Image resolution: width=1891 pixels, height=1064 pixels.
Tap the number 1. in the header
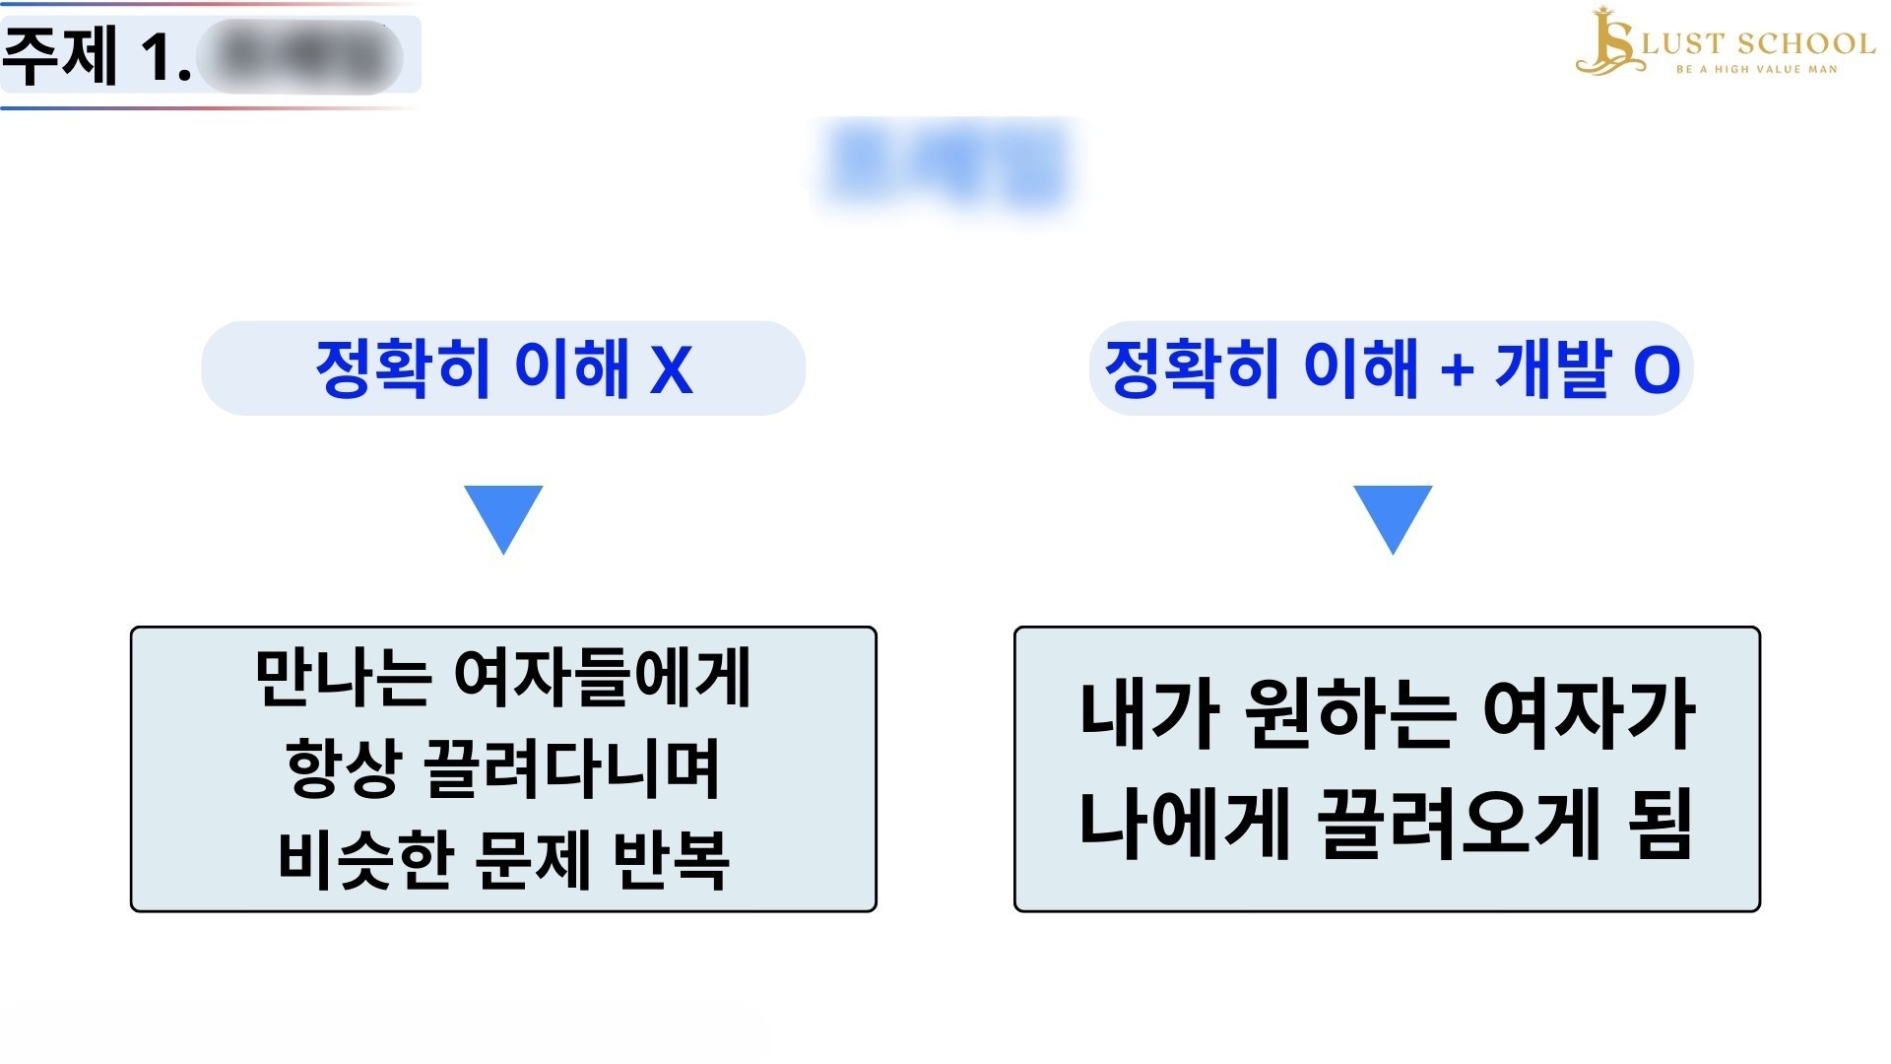pyautogui.click(x=165, y=56)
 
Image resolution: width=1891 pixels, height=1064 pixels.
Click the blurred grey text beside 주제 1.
pyautogui.click(x=299, y=56)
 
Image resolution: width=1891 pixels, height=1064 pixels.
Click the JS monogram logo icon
pyautogui.click(x=1607, y=41)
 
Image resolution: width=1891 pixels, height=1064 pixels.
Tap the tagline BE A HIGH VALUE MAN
pyautogui.click(x=1757, y=70)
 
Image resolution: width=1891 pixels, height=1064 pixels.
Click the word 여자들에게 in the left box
pyautogui.click(x=603, y=678)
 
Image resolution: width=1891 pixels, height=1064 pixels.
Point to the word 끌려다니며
pyautogui.click(x=572, y=768)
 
